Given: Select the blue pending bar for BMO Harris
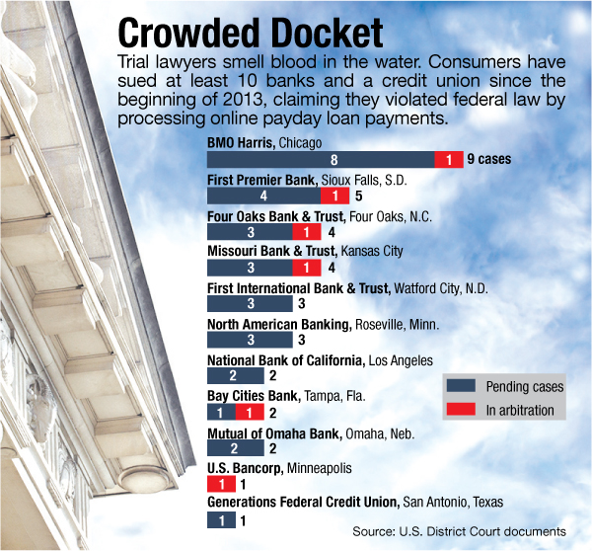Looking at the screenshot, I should point(321,160).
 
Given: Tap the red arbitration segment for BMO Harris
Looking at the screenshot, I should point(449,160).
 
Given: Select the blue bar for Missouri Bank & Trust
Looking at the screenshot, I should point(250,269).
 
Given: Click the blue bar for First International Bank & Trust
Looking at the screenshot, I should point(250,304).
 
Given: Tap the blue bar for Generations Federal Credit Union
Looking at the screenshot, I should point(220,519).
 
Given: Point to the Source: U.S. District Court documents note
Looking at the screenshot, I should point(460,532).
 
